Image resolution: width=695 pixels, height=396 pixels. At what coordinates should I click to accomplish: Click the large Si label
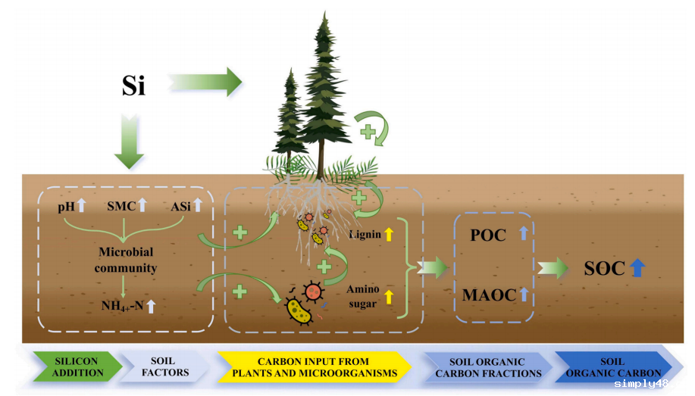tap(133, 86)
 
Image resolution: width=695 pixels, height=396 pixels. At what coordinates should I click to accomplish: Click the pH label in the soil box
tap(67, 205)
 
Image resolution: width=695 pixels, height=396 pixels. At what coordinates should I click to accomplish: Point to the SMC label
tap(121, 205)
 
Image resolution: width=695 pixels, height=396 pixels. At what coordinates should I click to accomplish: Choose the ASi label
tap(184, 205)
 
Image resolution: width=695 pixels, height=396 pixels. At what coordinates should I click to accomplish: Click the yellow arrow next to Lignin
tap(389, 234)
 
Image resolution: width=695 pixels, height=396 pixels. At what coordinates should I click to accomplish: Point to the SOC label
tap(604, 268)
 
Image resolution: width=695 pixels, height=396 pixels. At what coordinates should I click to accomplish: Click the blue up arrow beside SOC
tap(637, 267)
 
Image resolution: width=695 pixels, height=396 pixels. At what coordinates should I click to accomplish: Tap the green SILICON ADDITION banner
tap(78, 366)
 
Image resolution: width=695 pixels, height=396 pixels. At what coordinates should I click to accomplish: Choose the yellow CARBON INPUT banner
tap(314, 366)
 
